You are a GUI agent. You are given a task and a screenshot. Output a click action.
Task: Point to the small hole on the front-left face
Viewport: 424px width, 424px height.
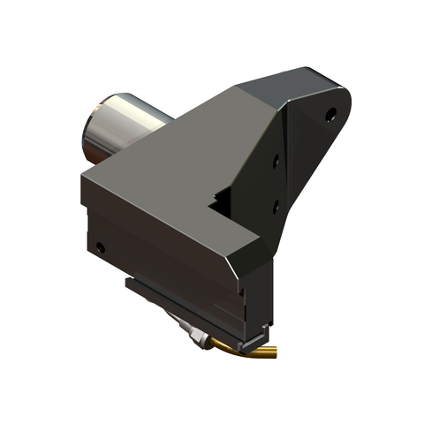[x=101, y=247]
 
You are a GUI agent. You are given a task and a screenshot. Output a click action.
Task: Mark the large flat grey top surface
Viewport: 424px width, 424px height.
[x=168, y=177]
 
